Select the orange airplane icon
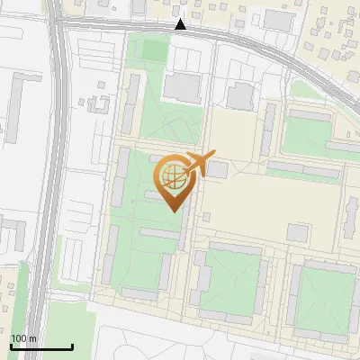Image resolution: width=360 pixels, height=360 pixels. (x=199, y=165)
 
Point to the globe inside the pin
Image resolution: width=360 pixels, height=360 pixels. (x=170, y=175)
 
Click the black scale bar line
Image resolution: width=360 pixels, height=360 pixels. (x=41, y=347)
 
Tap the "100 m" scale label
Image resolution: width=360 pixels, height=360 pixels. (x=23, y=338)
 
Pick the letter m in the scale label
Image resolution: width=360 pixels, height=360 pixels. (x=32, y=338)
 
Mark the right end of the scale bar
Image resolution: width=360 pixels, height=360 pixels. (x=72, y=347)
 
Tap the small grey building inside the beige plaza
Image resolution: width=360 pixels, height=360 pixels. (x=297, y=232)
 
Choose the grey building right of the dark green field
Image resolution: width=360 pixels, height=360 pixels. (x=184, y=87)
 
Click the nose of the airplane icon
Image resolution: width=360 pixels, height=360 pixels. (x=214, y=156)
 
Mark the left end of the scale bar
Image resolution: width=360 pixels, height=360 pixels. (x=11, y=347)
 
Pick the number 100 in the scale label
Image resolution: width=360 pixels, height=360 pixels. (x=19, y=338)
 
